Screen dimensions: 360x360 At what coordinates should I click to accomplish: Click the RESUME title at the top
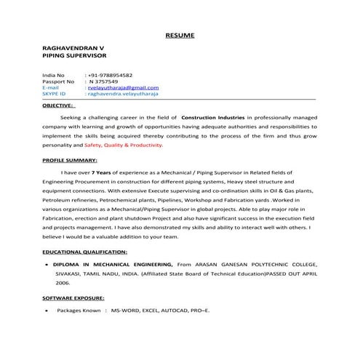pos(180,35)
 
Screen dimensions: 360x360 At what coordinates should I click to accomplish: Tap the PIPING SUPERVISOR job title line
pos(74,55)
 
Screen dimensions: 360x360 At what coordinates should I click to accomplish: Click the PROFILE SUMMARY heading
pos(70,160)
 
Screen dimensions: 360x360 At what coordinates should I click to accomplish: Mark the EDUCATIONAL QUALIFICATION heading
pos(84,251)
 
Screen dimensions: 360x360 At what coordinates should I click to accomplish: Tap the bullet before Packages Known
pos(47,311)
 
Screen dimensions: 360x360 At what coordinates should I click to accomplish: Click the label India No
pos(54,76)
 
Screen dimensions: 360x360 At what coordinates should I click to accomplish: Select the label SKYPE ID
pos(55,94)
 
